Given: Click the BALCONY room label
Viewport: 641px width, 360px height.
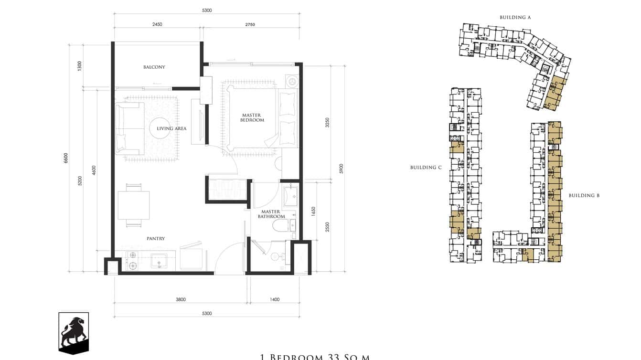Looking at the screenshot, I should (154, 67).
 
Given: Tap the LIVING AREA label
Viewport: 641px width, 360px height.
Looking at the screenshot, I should (171, 128).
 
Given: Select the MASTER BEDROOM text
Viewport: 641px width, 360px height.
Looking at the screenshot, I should (252, 117).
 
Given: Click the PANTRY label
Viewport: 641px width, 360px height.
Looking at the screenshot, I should (156, 239).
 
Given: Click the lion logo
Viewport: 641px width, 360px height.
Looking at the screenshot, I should (74, 333).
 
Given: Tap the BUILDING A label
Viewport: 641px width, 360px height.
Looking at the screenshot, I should (515, 18).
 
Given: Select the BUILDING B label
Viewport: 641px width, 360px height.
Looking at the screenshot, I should (584, 196).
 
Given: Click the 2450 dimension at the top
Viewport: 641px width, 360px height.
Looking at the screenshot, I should (158, 24).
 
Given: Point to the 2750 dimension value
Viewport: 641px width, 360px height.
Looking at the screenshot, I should (250, 24).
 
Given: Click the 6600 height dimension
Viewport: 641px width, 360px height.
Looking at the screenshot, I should (66, 158).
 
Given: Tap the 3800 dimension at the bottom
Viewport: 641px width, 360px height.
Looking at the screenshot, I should (181, 300).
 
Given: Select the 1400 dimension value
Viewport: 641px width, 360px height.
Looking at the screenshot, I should (274, 300).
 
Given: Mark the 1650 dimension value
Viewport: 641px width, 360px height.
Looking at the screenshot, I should (313, 210).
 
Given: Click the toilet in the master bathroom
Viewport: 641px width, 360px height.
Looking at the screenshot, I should (278, 225).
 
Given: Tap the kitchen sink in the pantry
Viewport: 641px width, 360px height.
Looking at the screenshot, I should (159, 261).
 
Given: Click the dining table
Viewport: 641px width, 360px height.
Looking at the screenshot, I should (134, 205).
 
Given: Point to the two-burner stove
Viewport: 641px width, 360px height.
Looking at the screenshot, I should (133, 261).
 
